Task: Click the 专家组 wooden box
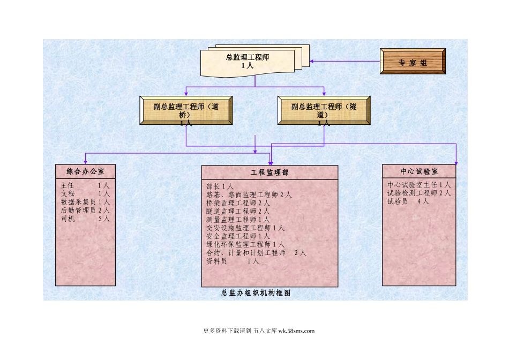pyautogui.click(x=412, y=62)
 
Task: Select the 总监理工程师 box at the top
pyautogui.click(x=248, y=61)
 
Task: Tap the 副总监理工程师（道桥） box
pyautogui.click(x=185, y=110)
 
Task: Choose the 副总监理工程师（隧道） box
pyautogui.click(x=324, y=110)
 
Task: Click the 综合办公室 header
pyautogui.click(x=85, y=171)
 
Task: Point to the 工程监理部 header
pyautogui.click(x=270, y=172)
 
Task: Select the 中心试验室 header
pyautogui.click(x=419, y=171)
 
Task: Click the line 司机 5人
pyautogui.click(x=85, y=219)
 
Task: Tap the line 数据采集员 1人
pyautogui.click(x=85, y=202)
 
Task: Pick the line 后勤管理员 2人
pyautogui.click(x=85, y=211)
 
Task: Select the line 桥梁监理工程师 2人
pyautogui.click(x=238, y=203)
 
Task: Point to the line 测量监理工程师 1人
pyautogui.click(x=238, y=220)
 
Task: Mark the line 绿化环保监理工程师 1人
pyautogui.click(x=245, y=244)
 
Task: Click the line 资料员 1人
pyautogui.click(x=233, y=261)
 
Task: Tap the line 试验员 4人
pyautogui.click(x=408, y=201)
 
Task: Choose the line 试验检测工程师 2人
pyautogui.click(x=418, y=193)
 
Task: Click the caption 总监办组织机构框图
pyautogui.click(x=256, y=294)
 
